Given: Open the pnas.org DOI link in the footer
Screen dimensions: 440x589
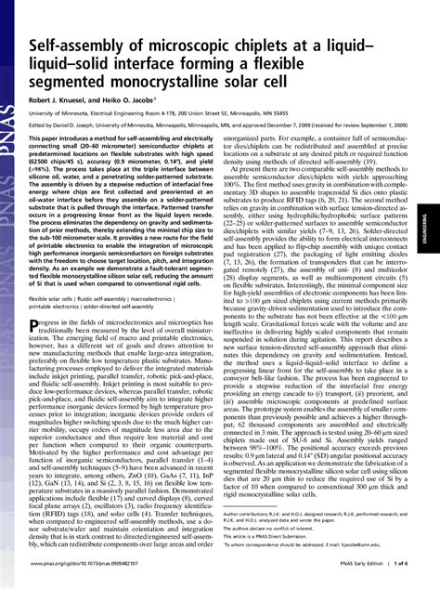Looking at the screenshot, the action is coord(84,576).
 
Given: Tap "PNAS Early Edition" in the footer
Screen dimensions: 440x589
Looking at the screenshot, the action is coord(355,576).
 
